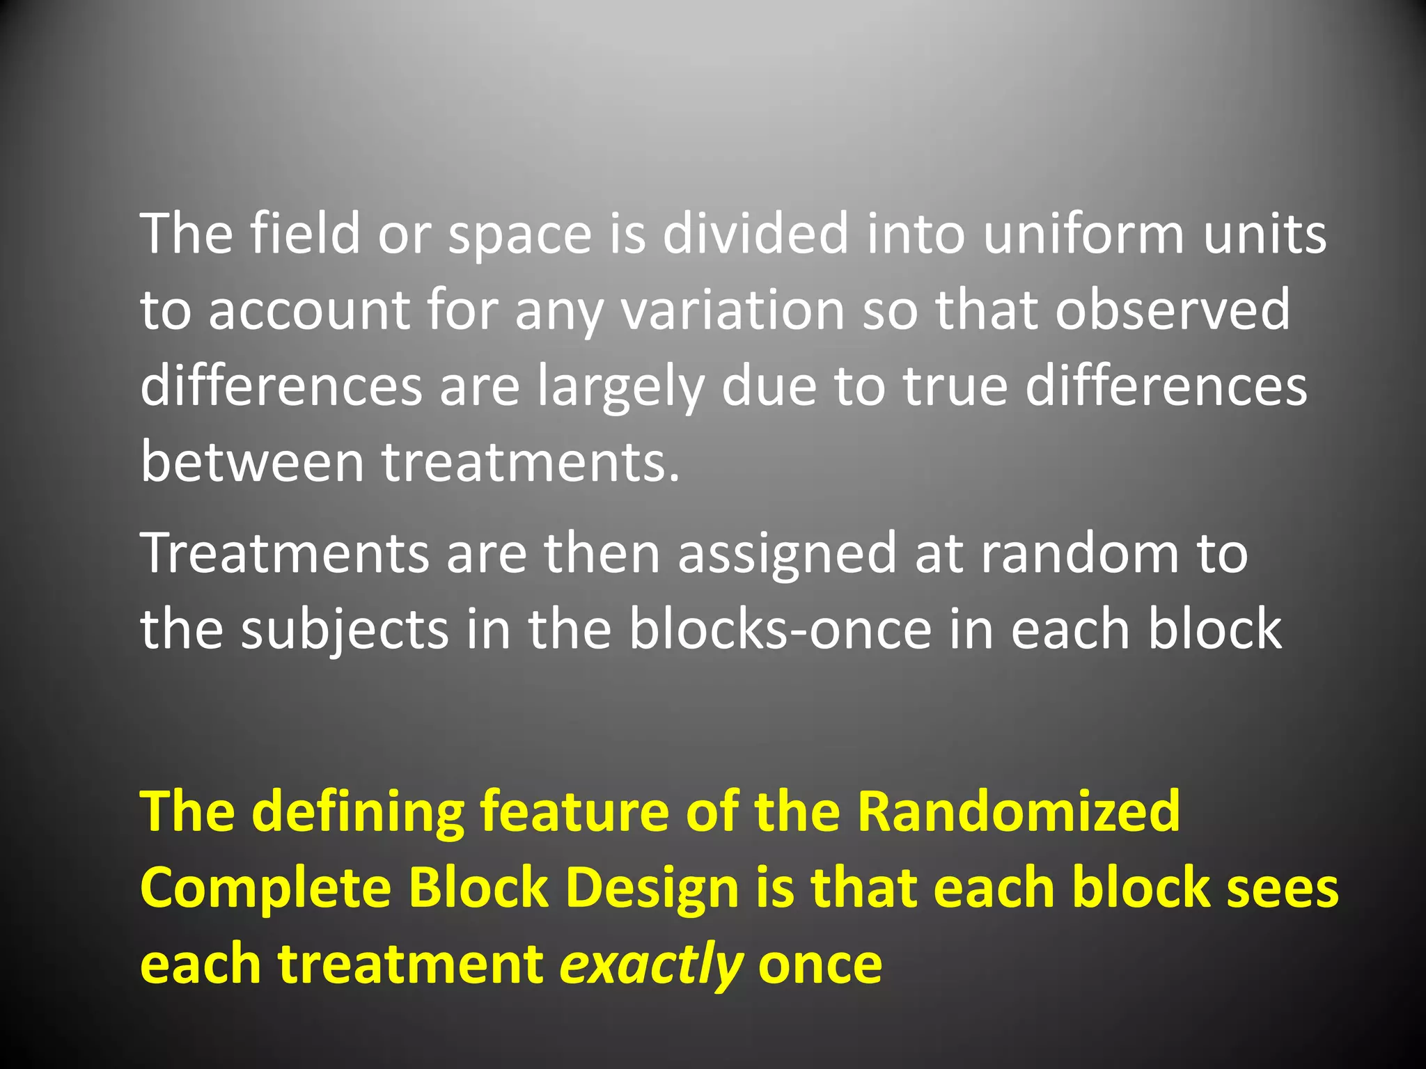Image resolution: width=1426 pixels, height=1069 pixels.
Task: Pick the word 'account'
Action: [x=309, y=311]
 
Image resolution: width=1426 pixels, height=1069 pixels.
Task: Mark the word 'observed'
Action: [x=1173, y=310]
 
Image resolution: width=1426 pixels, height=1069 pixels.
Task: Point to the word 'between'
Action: [x=252, y=463]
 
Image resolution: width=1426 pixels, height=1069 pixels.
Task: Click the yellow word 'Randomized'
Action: [x=1018, y=811]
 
